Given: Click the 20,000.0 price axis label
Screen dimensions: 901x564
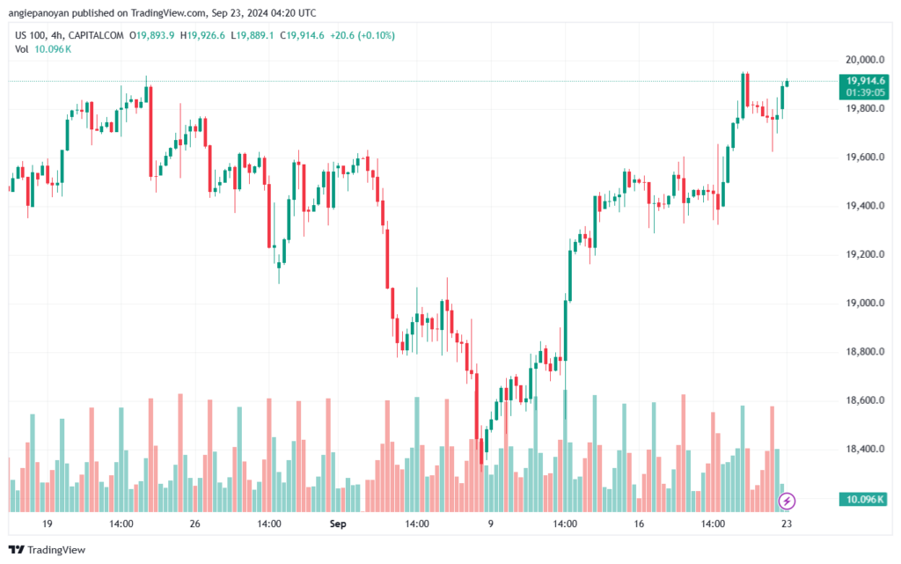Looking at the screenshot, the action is point(865,60).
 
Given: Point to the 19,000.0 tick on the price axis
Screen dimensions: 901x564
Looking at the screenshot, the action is point(865,304).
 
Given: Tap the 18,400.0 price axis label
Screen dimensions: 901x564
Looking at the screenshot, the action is point(865,449).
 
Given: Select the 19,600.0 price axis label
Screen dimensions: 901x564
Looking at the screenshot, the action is point(865,157).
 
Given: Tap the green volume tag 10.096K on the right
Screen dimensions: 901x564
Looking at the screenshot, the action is point(864,499).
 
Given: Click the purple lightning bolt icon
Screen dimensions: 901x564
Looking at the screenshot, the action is point(787,501).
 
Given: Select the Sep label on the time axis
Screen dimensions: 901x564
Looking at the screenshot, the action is point(338,524).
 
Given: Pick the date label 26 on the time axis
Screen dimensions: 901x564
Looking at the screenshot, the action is point(195,524).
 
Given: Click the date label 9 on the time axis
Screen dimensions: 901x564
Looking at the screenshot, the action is point(491,524).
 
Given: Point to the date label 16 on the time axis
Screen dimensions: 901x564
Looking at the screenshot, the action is point(639,524).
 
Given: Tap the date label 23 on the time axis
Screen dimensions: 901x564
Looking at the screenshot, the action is point(787,524).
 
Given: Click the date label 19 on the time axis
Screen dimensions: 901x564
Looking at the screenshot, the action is point(48,524).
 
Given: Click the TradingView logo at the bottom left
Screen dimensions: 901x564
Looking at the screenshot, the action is point(48,550).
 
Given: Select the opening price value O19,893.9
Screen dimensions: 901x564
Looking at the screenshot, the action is point(151,35).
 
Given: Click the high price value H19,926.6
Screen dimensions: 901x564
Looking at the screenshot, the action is point(203,35).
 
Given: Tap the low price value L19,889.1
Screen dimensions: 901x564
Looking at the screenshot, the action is point(253,35).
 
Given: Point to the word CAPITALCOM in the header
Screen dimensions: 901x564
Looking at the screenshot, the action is point(96,35).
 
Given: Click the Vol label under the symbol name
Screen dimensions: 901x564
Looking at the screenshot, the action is point(22,49).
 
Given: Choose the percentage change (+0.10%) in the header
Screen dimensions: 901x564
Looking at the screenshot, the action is point(377,35).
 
